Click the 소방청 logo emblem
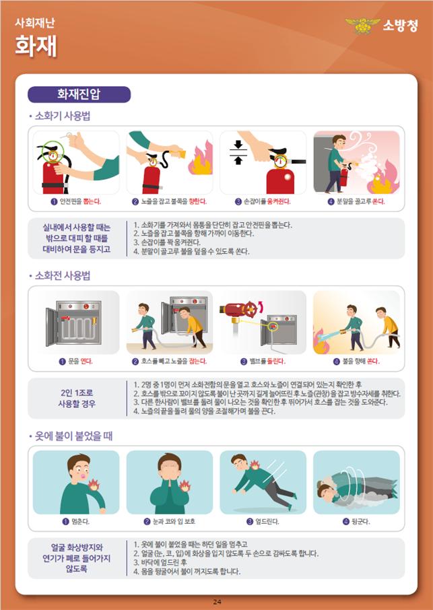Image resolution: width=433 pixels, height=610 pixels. [x=362, y=26]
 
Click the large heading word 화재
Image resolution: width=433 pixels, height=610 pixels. [x=36, y=46]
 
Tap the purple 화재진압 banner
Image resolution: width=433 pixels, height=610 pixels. [x=79, y=94]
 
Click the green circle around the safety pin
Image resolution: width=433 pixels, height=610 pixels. [x=53, y=151]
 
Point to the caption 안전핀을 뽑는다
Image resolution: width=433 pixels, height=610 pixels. [x=75, y=201]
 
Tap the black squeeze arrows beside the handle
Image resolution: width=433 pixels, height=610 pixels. [x=238, y=152]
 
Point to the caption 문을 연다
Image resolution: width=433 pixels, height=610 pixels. [x=75, y=362]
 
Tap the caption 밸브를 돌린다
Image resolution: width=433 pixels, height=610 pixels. [x=263, y=362]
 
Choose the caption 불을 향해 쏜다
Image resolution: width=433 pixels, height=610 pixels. [x=356, y=362]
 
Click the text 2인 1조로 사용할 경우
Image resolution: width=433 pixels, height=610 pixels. [x=77, y=398]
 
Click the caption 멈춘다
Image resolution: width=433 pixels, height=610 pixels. [x=76, y=521]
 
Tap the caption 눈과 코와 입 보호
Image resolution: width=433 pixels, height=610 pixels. [x=169, y=521]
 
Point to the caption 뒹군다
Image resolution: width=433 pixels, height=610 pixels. [x=356, y=521]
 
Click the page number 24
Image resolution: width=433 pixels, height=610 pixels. [x=217, y=602]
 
